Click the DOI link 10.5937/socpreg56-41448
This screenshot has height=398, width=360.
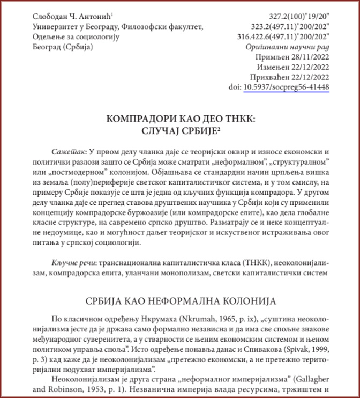(x=286, y=86)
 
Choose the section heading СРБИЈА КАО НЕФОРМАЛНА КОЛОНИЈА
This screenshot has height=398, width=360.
(x=180, y=298)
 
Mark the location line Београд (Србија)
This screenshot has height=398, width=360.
(x=63, y=47)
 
